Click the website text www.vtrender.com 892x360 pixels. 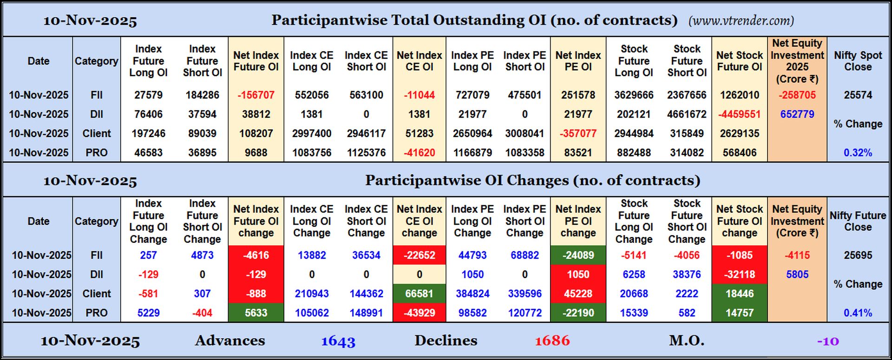[x=741, y=20]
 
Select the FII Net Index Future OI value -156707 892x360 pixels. [x=256, y=95]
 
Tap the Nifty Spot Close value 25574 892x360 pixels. [x=858, y=95]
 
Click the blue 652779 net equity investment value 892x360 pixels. [x=797, y=114]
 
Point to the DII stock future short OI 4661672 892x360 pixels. [x=687, y=114]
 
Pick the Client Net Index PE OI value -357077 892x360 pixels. [x=578, y=134]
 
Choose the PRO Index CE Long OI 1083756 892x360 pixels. [x=312, y=153]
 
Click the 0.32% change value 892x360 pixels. [x=858, y=153]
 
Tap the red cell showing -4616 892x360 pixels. [x=256, y=255]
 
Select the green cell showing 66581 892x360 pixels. [x=419, y=294]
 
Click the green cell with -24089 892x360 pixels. [x=578, y=255]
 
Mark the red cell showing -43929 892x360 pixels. [x=419, y=313]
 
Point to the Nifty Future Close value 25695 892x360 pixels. [x=858, y=255]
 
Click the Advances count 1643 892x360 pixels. [x=338, y=341]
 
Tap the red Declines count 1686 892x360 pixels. [x=552, y=341]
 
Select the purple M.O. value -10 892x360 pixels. [x=828, y=341]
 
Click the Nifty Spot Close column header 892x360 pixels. [x=858, y=61]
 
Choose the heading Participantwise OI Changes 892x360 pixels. [x=532, y=180]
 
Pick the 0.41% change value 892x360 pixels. [x=858, y=313]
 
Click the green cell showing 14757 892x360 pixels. [x=739, y=313]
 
